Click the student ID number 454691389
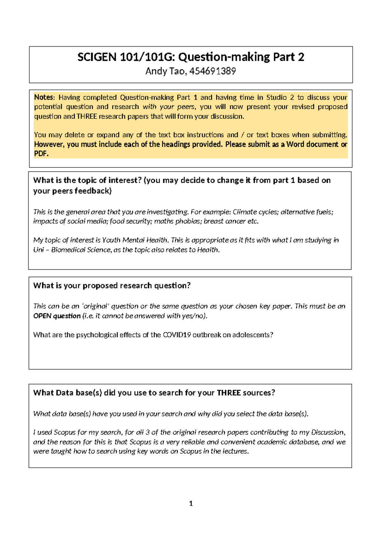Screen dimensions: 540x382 tap(212, 71)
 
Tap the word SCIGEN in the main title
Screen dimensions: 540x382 tap(97, 57)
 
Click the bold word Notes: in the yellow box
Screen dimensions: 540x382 tap(45, 97)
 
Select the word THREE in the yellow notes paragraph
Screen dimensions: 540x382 tap(87, 116)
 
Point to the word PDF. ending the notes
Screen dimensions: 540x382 tap(41, 154)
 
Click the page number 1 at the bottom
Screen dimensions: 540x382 tap(191, 503)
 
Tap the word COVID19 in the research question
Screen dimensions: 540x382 tap(177, 335)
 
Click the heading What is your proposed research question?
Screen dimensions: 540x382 tap(112, 286)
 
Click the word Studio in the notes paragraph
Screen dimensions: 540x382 tap(276, 97)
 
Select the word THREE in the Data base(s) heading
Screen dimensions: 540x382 tap(229, 393)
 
